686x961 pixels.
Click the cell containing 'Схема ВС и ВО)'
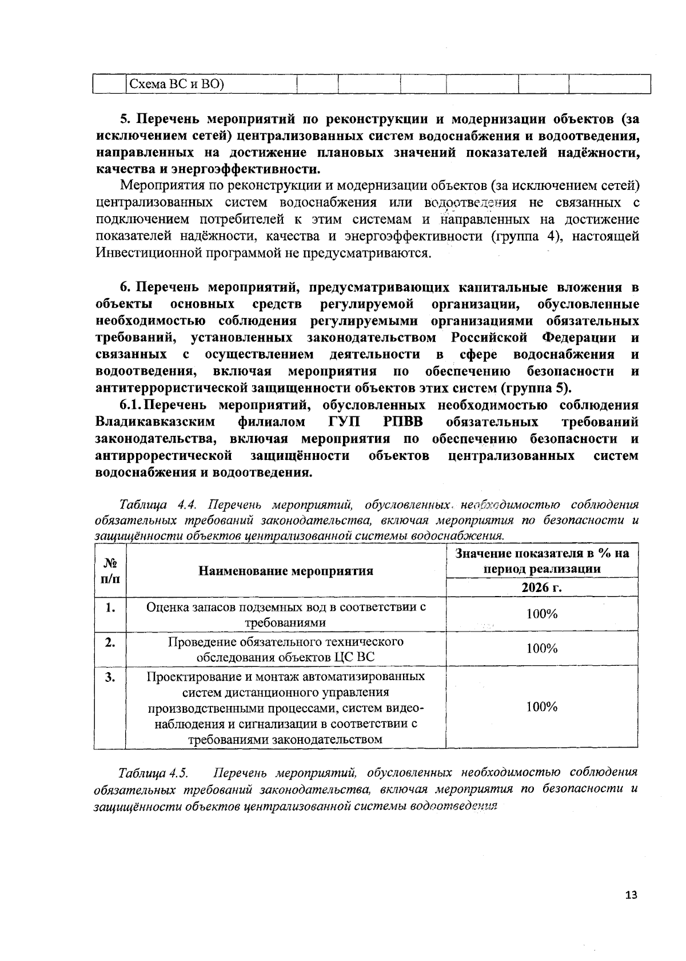(176, 84)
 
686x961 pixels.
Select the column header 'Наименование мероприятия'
(285, 570)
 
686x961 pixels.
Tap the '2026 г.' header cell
(541, 588)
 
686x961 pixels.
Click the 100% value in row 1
(541, 614)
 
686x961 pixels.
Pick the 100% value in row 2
(541, 649)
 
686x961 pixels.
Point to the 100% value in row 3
(541, 707)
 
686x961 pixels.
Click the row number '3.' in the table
(110, 678)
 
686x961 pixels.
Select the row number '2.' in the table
(110, 643)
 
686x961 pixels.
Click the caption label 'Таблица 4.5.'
(153, 773)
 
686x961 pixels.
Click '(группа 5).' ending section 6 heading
(536, 388)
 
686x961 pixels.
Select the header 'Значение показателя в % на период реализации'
(541, 561)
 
